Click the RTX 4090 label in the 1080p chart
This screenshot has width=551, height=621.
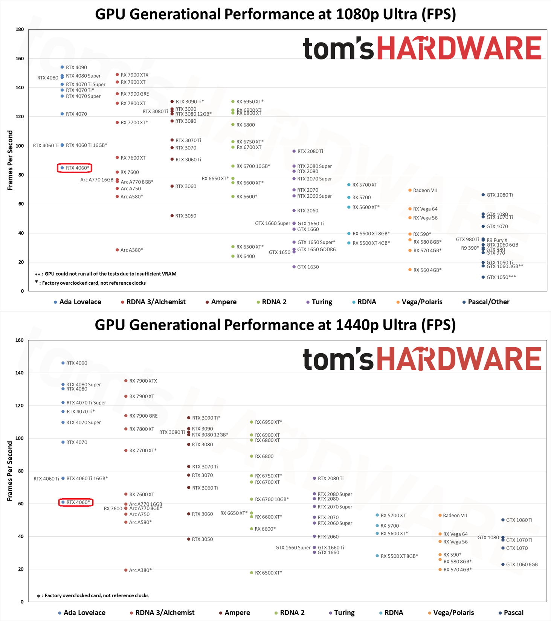[76, 68]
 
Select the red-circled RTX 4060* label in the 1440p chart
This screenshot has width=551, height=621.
[78, 502]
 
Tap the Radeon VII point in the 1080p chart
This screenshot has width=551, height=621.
[410, 190]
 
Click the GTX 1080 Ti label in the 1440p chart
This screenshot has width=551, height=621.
[519, 520]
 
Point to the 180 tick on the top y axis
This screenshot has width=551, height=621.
[20, 29]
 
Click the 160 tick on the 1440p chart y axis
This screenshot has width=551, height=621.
[20, 340]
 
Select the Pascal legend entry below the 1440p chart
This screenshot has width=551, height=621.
[513, 613]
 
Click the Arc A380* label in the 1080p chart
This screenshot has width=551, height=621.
[131, 250]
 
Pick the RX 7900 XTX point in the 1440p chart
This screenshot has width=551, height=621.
[126, 381]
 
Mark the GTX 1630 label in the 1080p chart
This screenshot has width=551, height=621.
[308, 267]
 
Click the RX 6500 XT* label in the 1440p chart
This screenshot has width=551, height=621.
[268, 573]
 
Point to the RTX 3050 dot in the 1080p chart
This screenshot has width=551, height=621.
[172, 216]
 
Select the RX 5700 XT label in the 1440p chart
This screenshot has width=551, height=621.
[393, 516]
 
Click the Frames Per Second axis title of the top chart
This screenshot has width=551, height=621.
[10, 160]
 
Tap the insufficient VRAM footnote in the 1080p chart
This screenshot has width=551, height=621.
[110, 274]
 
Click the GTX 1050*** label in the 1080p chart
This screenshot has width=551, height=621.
[501, 277]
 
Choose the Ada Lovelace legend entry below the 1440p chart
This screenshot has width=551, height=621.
[84, 613]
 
